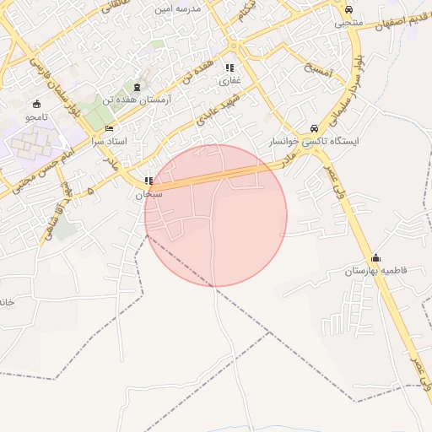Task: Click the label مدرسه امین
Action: tap(176, 8)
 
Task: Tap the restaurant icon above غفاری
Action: tap(229, 67)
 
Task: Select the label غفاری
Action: tap(229, 81)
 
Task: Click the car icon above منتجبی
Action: tap(348, 9)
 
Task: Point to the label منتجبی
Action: tap(348, 23)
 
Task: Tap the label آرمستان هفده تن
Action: tap(137, 100)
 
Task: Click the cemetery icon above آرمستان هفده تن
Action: tap(137, 87)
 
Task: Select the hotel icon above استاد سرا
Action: tap(108, 128)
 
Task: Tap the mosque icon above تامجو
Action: tap(37, 104)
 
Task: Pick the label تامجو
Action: tap(37, 116)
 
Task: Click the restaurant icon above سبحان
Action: tap(149, 181)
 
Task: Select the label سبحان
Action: tap(149, 194)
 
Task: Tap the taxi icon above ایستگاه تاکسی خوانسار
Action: tap(315, 128)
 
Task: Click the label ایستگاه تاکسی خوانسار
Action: tap(315, 142)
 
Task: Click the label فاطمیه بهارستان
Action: tap(375, 272)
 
